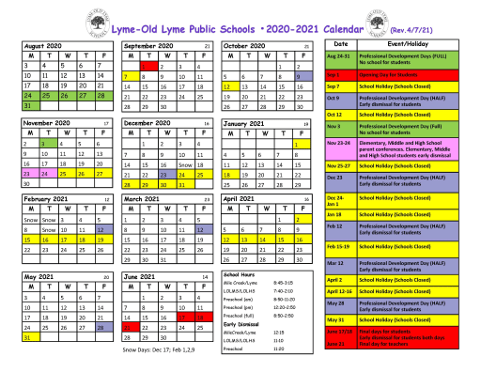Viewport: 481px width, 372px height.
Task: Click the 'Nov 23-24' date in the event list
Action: coord(338,144)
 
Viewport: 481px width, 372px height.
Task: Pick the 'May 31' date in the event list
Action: coord(336,319)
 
